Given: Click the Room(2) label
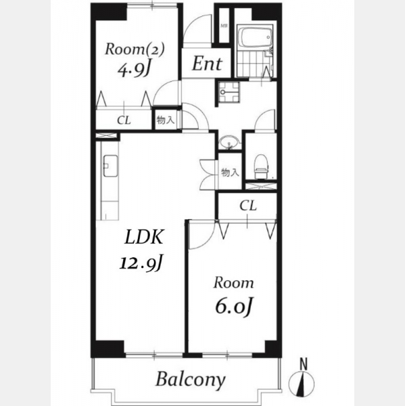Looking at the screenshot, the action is [135, 49].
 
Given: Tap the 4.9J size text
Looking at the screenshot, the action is [134, 70].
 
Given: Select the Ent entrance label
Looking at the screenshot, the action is [207, 64].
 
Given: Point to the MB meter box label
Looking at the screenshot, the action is [224, 26].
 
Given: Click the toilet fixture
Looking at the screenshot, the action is [260, 166].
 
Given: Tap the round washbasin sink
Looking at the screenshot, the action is [229, 142].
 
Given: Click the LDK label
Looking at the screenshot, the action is [144, 237].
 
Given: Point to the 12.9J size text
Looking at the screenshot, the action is [141, 263].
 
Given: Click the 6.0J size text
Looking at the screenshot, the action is [234, 306].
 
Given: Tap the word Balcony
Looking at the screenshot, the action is [191, 380].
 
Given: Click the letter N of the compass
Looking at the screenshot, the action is [304, 364].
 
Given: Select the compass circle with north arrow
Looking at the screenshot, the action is [302, 384].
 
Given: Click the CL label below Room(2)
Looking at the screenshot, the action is [124, 120].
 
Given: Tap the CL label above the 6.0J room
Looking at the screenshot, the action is [248, 206].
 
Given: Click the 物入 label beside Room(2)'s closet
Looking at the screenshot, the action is [166, 120].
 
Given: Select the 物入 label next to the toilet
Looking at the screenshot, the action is [230, 173].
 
